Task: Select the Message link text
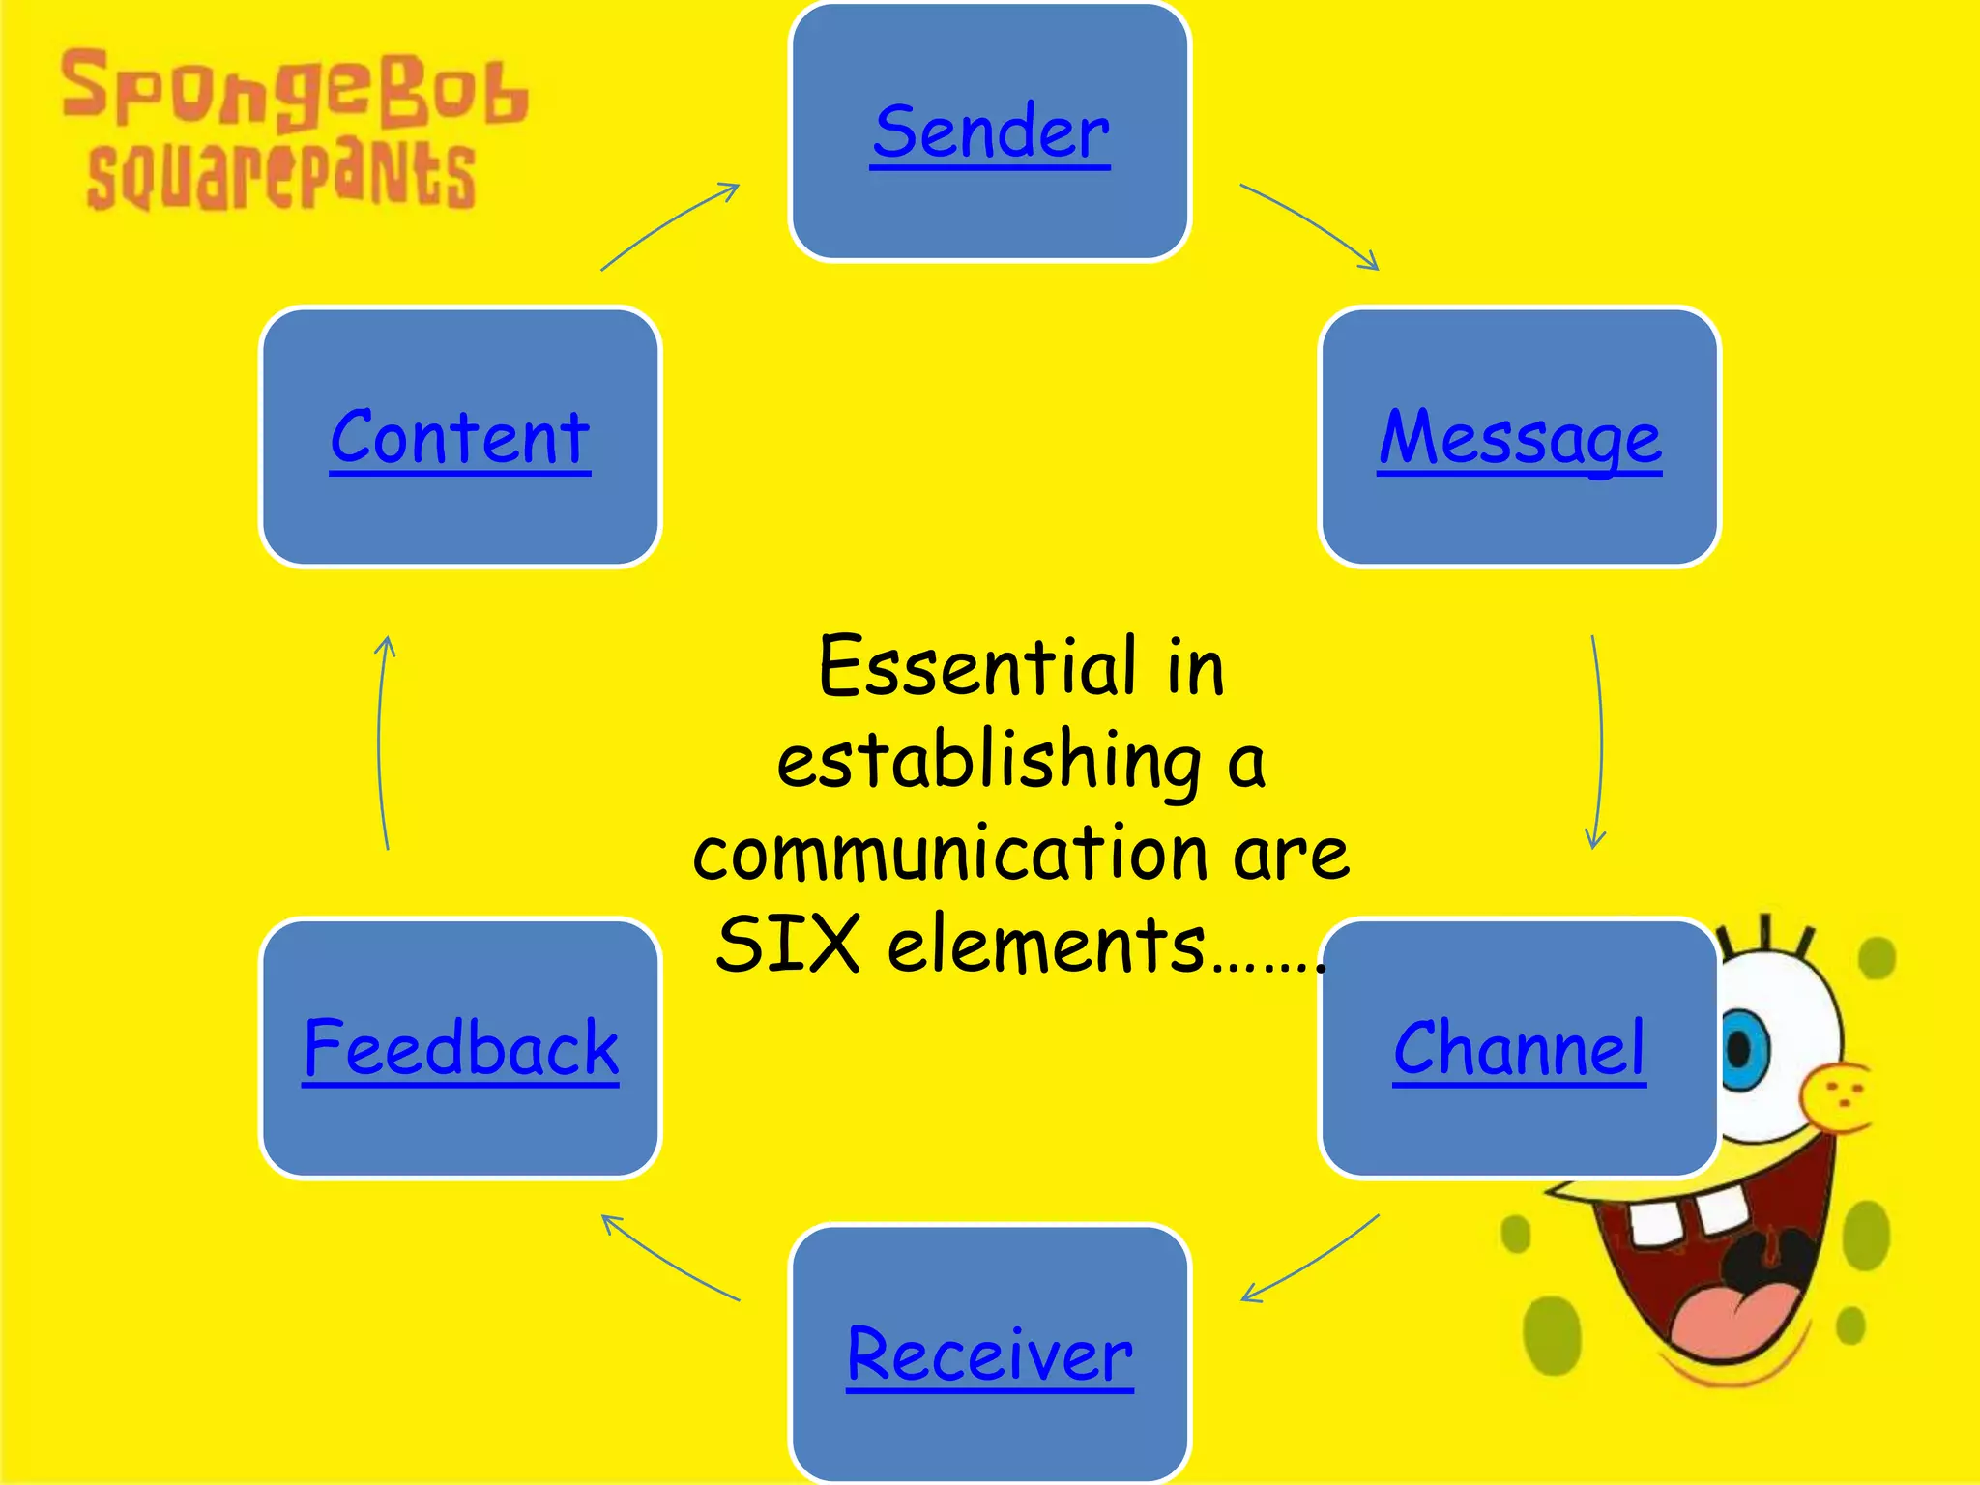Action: click(1519, 439)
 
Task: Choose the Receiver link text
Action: click(989, 1354)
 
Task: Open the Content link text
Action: click(460, 439)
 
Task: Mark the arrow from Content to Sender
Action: click(669, 224)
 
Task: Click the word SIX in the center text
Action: click(788, 945)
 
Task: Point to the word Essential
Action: click(976, 667)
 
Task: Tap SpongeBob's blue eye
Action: click(1743, 1050)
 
